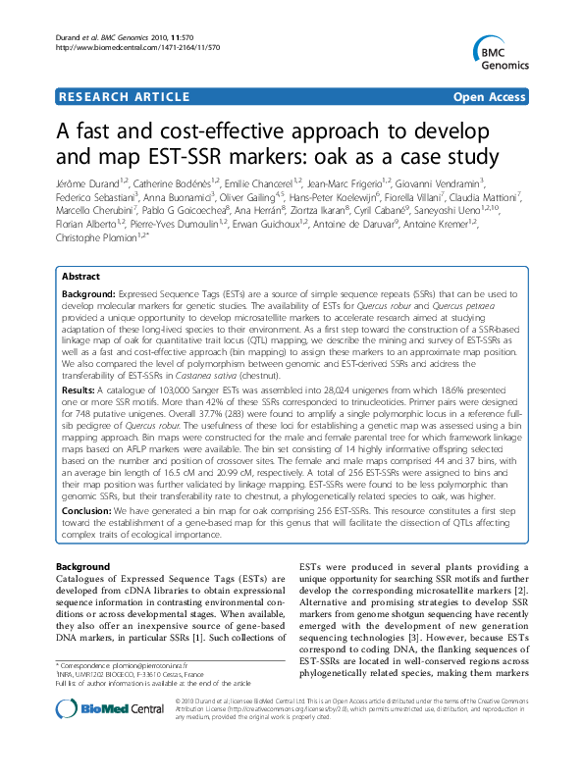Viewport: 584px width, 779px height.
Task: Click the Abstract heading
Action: coord(84,278)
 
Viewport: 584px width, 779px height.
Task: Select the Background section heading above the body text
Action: coord(82,568)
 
